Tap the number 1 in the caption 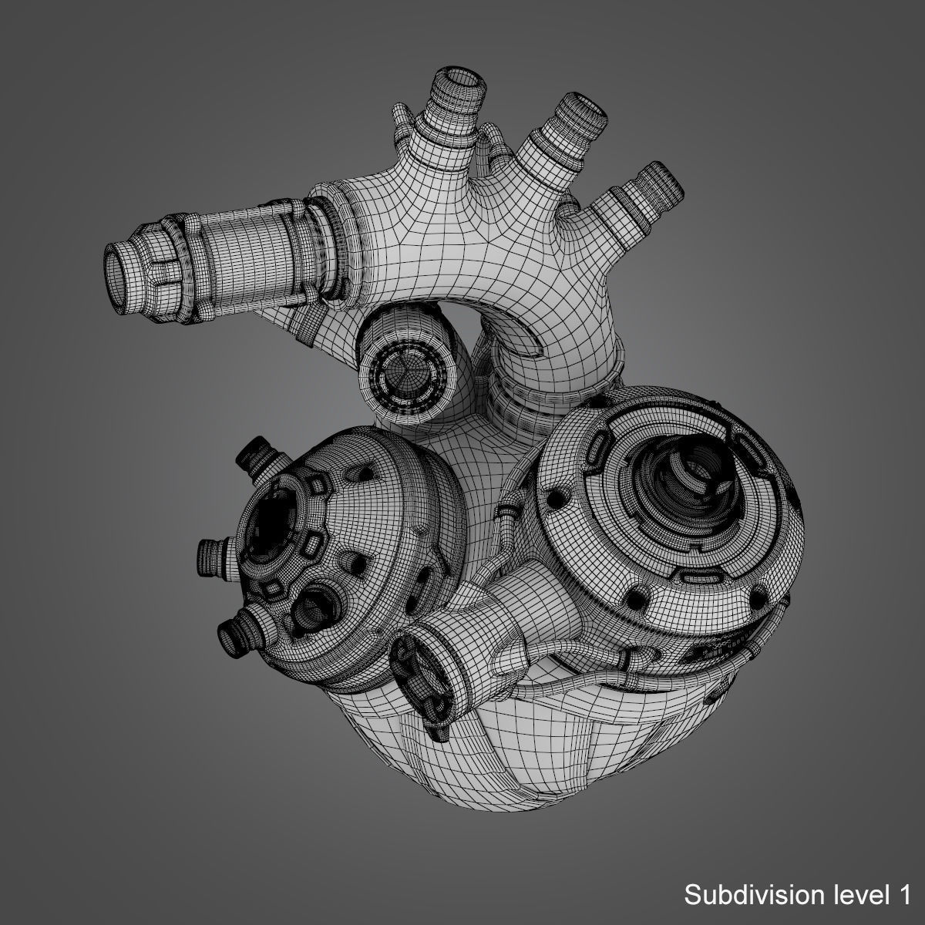coord(900,895)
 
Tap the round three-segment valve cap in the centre coord(408,373)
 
